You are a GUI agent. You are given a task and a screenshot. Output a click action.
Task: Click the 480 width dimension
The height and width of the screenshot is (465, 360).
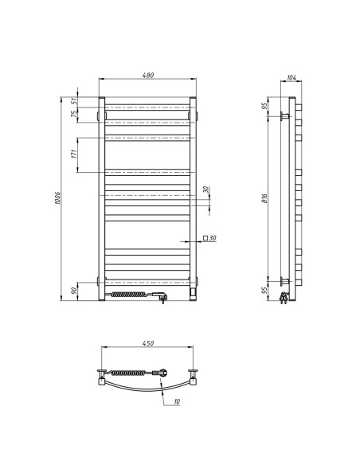coord(147,75)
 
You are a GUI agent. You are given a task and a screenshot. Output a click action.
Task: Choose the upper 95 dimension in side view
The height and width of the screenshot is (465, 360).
coord(265,107)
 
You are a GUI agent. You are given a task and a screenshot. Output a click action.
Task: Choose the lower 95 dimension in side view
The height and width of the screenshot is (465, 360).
coord(265,290)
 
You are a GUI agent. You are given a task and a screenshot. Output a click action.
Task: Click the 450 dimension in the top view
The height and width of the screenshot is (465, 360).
coord(147,344)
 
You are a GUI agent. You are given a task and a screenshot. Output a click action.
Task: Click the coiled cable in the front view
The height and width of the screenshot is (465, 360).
coord(129,295)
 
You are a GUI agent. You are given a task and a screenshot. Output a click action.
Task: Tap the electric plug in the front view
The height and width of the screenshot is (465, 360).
coord(162,296)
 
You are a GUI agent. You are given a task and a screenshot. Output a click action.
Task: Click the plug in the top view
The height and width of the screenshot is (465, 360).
coord(162,372)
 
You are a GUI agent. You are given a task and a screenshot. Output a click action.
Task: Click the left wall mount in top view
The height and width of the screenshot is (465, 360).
coord(101,373)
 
